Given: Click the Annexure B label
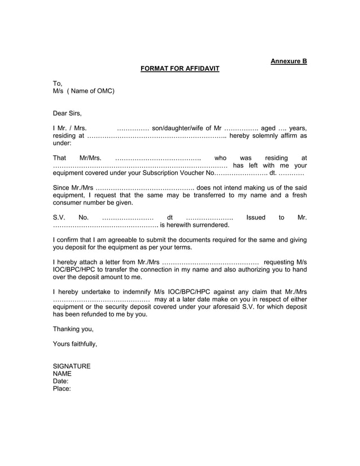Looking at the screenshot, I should pyautogui.click(x=288, y=60).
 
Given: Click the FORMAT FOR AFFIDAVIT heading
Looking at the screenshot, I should pyautogui.click(x=179, y=69).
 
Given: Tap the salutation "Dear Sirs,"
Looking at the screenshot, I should pyautogui.click(x=67, y=113).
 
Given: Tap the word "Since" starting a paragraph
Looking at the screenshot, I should pyautogui.click(x=61, y=188).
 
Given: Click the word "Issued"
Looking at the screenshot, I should pyautogui.click(x=256, y=217).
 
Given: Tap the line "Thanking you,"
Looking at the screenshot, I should pyautogui.click(x=73, y=329).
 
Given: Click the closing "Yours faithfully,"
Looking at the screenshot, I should pyautogui.click(x=75, y=344).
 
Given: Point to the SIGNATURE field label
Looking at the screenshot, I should pyautogui.click(x=72, y=366).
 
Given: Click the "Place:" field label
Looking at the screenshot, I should pyautogui.click(x=62, y=388).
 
